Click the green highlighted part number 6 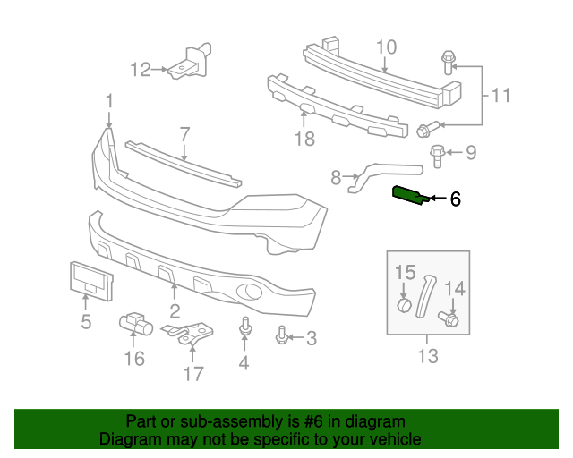(x=410, y=194)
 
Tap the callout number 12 (x=141, y=69)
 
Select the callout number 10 (x=385, y=47)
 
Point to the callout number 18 (x=305, y=139)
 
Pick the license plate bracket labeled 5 (x=90, y=278)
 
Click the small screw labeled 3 (x=281, y=335)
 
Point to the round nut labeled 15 (x=404, y=306)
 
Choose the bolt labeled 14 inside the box (x=449, y=318)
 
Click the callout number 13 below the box (x=428, y=356)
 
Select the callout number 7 (x=184, y=135)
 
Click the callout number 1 (x=108, y=99)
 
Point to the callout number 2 (x=175, y=311)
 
